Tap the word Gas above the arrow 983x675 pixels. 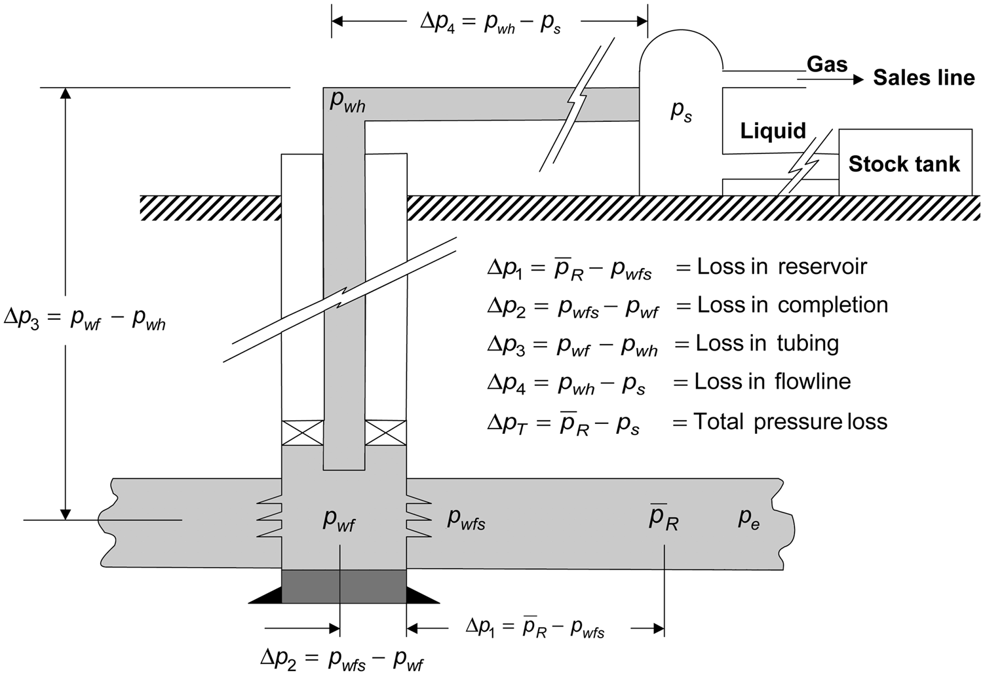826,64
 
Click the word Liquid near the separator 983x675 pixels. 773,130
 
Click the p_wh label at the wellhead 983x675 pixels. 347,102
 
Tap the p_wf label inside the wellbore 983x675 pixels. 339,519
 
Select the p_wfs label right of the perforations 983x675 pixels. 466,519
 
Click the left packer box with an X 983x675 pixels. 302,433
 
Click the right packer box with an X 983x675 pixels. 385,433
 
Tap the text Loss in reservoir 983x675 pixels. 781,267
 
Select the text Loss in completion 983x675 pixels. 792,305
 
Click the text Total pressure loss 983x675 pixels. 790,421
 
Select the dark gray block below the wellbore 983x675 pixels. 343,586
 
